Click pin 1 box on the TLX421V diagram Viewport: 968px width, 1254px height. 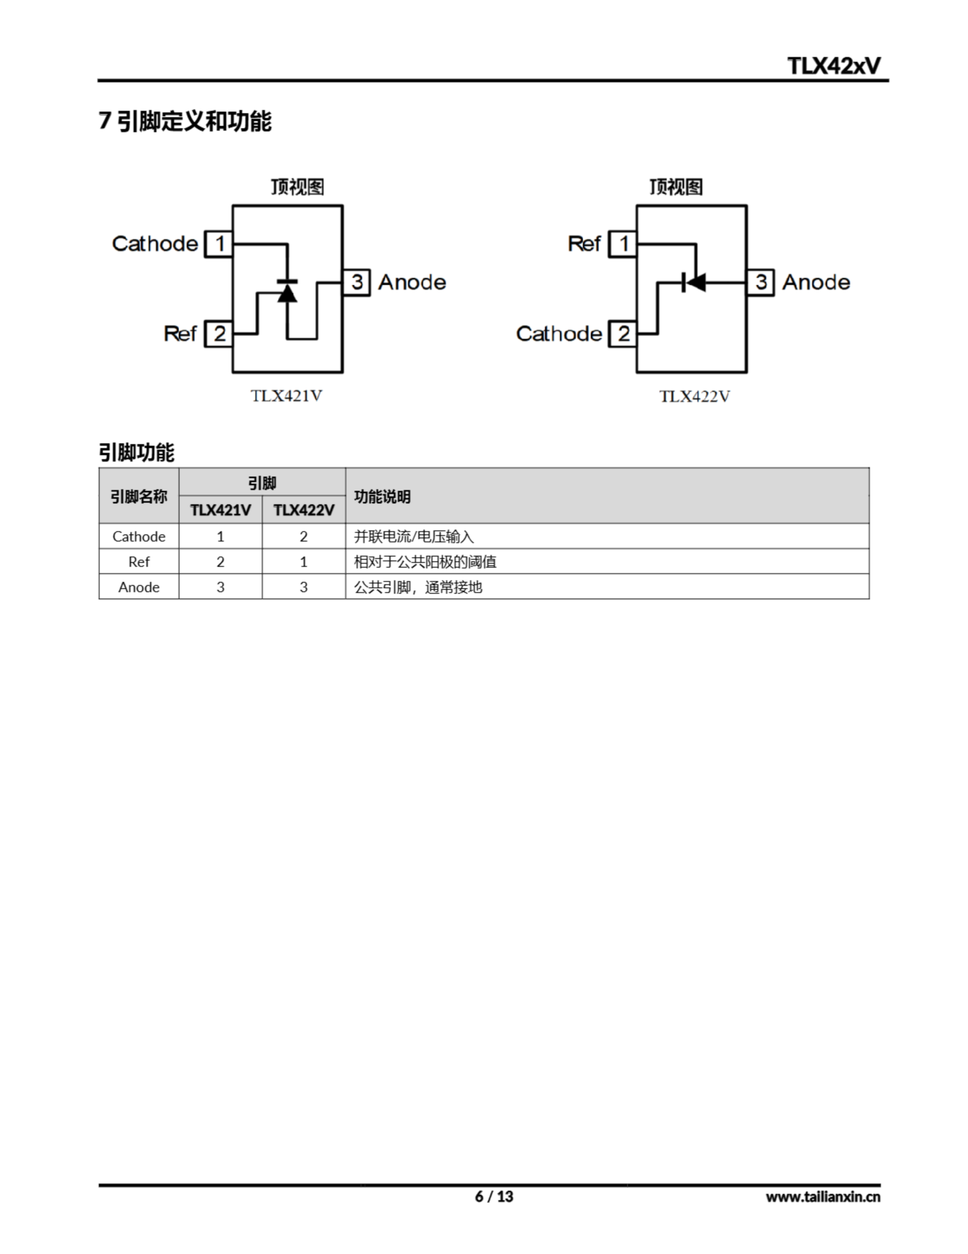[219, 243]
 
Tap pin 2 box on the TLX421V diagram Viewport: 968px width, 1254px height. [219, 334]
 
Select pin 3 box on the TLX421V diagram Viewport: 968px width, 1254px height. [356, 282]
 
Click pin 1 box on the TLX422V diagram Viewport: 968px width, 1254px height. [622, 243]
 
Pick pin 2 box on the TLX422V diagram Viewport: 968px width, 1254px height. [622, 334]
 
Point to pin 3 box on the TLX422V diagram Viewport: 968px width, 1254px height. [761, 282]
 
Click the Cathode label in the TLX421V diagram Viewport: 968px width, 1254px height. [155, 243]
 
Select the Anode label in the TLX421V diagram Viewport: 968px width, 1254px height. [412, 282]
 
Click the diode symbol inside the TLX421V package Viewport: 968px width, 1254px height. [287, 290]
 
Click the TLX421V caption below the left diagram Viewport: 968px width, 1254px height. [286, 396]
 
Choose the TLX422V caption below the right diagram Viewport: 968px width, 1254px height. [694, 396]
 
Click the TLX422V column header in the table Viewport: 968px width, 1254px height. [303, 510]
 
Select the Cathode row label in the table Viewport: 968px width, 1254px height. [139, 536]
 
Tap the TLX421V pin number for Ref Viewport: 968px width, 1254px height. [220, 561]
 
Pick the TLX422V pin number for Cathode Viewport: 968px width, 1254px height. [303, 536]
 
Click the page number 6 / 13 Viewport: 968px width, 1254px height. [493, 1196]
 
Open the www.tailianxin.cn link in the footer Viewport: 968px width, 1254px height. [822, 1197]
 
